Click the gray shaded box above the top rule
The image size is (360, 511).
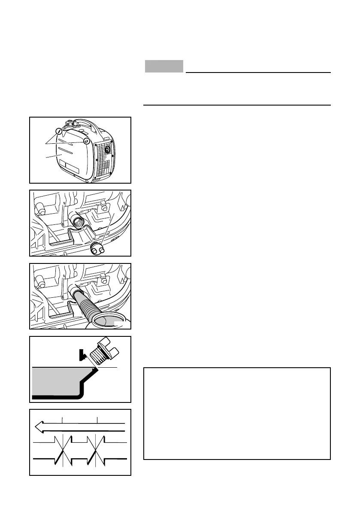[x=164, y=66]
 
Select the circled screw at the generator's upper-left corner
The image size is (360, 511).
[x=59, y=131]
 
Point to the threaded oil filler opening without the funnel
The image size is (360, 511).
[x=79, y=222]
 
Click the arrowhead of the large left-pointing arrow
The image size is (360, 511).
[x=39, y=427]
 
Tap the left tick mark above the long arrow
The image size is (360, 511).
[x=63, y=419]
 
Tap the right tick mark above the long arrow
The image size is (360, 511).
[x=97, y=419]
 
